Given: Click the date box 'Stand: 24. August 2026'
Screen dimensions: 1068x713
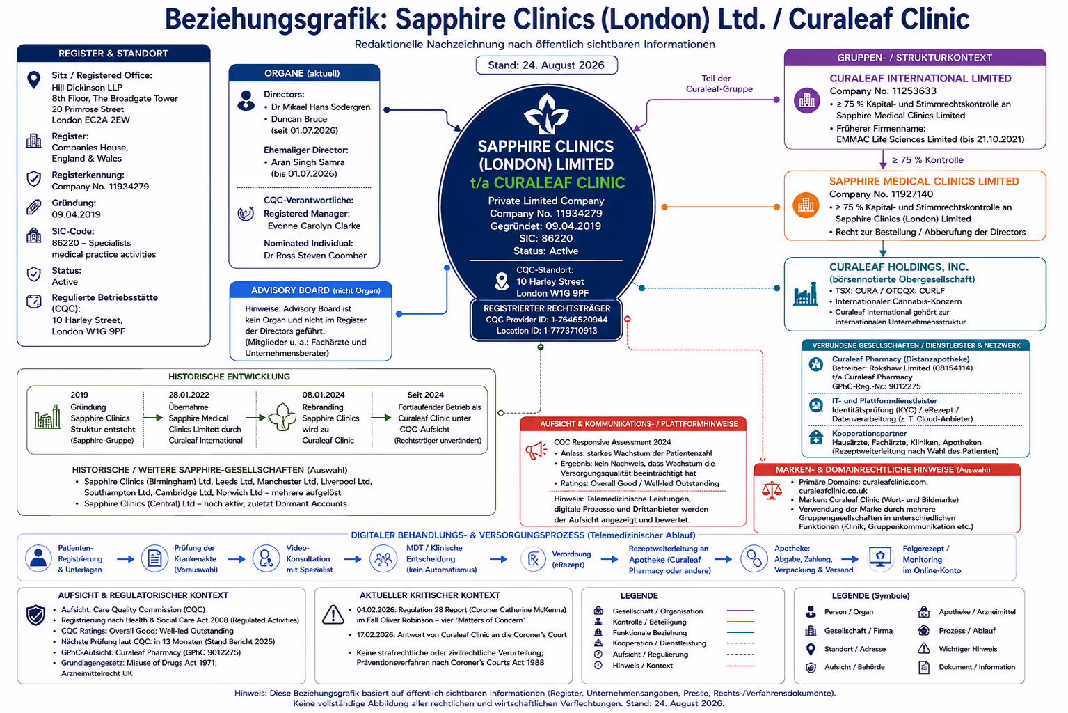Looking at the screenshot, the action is (546, 65).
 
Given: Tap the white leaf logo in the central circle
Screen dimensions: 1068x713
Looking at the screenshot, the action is (546, 114).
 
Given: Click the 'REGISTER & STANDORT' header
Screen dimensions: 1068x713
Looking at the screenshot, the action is (113, 54).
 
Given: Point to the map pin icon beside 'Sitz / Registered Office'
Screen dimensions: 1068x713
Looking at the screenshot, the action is (34, 80).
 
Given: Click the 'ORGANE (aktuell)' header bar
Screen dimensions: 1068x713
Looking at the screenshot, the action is (304, 73).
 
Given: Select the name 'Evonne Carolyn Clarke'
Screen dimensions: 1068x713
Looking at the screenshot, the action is (314, 226).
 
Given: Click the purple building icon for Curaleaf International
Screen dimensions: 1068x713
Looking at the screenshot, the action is (806, 101).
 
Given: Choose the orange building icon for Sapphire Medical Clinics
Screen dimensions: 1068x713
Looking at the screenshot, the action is (806, 205).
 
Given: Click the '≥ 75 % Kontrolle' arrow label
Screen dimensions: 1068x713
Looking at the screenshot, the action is (927, 160).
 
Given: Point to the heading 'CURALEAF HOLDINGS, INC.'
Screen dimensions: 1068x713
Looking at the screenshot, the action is (899, 267).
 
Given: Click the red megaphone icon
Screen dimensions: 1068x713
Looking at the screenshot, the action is (536, 450).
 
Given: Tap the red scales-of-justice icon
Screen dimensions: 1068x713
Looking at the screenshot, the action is (772, 490).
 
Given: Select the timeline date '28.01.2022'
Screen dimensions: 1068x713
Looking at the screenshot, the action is (189, 395).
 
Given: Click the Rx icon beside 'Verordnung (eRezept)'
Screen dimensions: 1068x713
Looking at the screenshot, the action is (533, 559).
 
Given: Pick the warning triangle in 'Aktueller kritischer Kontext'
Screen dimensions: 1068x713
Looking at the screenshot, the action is (333, 615).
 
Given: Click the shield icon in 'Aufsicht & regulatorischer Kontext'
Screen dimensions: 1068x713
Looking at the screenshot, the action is (35, 615).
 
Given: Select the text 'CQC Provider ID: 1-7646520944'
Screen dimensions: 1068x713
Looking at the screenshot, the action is (546, 320).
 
